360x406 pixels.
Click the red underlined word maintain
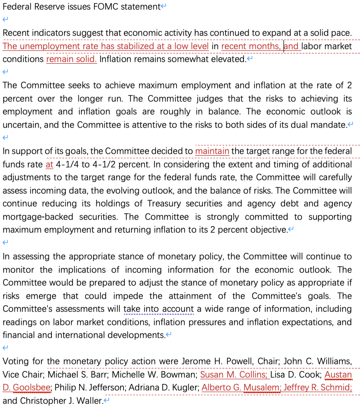tap(212, 151)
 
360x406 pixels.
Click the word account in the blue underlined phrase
tap(178, 309)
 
